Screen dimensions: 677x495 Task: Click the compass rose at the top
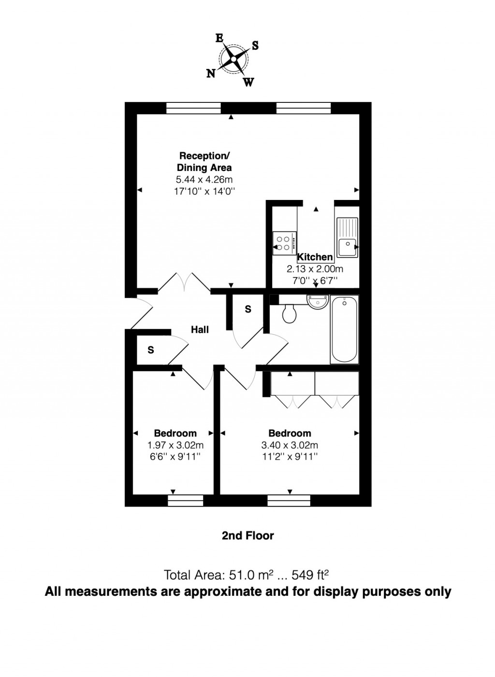point(233,59)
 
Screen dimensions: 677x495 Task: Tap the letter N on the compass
point(211,73)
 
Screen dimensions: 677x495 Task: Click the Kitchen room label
point(315,257)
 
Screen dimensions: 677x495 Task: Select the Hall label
point(200,329)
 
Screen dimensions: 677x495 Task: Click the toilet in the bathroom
point(290,314)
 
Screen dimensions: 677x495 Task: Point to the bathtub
point(345,330)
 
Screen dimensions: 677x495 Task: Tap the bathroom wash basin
point(317,302)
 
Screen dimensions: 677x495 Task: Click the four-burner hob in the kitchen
point(285,243)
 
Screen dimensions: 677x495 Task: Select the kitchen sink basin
point(347,247)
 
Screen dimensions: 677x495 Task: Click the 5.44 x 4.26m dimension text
point(204,180)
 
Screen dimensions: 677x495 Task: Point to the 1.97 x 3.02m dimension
point(175,445)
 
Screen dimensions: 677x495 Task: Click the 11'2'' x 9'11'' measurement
point(290,456)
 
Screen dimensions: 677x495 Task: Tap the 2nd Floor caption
point(247,536)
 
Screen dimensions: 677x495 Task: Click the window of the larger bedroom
point(289,501)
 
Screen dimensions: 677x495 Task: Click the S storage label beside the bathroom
point(248,309)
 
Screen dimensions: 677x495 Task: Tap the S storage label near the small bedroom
point(151,350)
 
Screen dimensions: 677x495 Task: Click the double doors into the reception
point(184,282)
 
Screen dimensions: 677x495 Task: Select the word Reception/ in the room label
point(204,156)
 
